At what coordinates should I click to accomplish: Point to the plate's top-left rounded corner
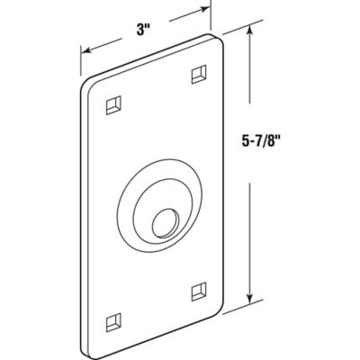(88, 84)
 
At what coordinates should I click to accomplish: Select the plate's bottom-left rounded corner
(90, 346)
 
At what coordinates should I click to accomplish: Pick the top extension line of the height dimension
(237, 28)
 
